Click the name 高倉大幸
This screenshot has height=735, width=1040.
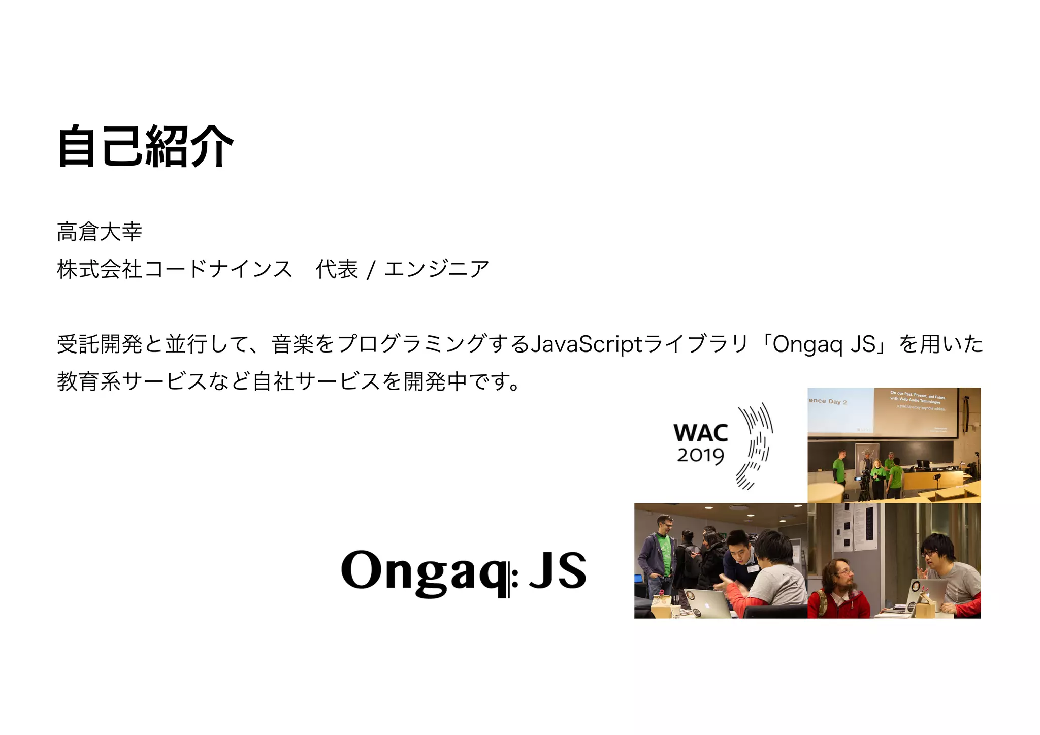[100, 232]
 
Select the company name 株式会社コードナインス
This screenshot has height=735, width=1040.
[175, 269]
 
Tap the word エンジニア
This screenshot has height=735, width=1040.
[437, 269]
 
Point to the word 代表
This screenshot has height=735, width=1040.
[337, 269]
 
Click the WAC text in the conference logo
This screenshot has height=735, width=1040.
[700, 433]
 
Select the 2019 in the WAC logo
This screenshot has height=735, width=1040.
[700, 456]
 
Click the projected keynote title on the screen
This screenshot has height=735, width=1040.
[917, 399]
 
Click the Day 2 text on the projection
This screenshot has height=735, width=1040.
[837, 402]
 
